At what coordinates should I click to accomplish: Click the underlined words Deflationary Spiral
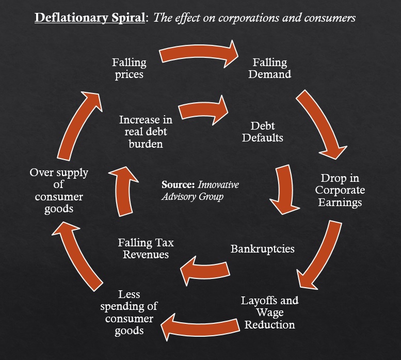[90, 18]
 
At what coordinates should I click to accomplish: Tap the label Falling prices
[129, 68]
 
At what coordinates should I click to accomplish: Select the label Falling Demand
[270, 68]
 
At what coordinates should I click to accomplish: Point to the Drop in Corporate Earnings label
[340, 190]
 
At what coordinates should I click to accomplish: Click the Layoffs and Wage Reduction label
[270, 312]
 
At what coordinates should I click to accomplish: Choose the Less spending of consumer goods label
[129, 312]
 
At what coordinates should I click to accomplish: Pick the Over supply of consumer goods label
[59, 191]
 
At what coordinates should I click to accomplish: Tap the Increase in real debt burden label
[146, 132]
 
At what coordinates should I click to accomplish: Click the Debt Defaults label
[263, 132]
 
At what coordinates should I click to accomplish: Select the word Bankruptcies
[263, 249]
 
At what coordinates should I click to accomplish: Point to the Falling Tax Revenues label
[146, 248]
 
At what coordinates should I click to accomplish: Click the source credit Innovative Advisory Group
[200, 191]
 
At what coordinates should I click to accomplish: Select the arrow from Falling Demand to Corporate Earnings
[321, 123]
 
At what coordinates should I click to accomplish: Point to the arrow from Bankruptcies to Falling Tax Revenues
[204, 271]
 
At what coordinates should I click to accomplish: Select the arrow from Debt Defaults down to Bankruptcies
[284, 190]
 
